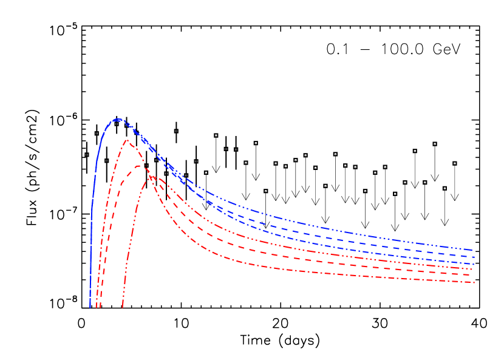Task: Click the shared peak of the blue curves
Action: click(x=118, y=120)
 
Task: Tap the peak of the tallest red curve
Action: click(x=128, y=141)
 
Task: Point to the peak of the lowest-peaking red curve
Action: click(x=150, y=176)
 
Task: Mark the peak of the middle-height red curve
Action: click(x=139, y=166)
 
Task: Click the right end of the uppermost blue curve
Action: click(x=473, y=250)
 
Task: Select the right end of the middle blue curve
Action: click(x=473, y=257)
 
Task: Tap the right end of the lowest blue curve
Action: click(x=473, y=265)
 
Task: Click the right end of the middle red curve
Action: click(x=473, y=275)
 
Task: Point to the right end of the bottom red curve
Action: click(x=473, y=282)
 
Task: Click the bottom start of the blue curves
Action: click(x=90, y=307)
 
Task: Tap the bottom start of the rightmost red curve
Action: click(x=123, y=307)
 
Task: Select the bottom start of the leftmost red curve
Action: click(x=96, y=307)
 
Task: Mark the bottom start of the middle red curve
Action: click(x=100, y=307)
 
